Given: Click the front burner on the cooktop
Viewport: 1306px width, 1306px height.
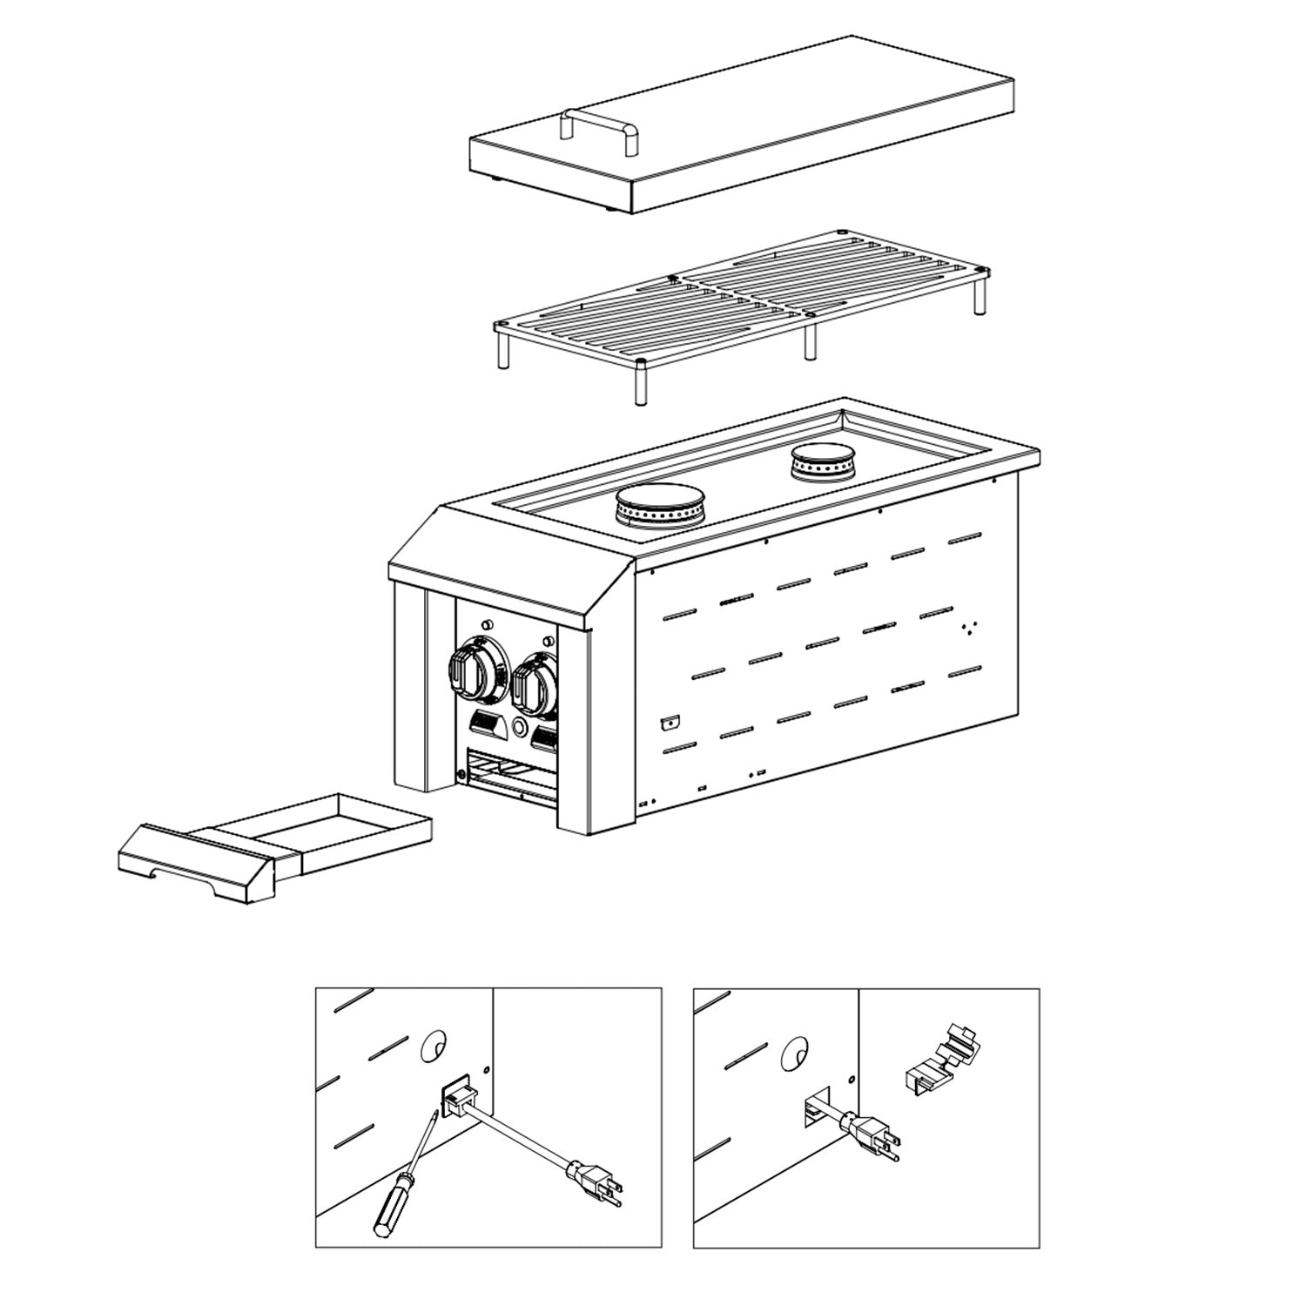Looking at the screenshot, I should point(659,505).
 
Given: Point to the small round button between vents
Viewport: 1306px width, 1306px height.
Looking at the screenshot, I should point(520,728).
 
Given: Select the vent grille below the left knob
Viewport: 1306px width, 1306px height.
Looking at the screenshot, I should point(484,721).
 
